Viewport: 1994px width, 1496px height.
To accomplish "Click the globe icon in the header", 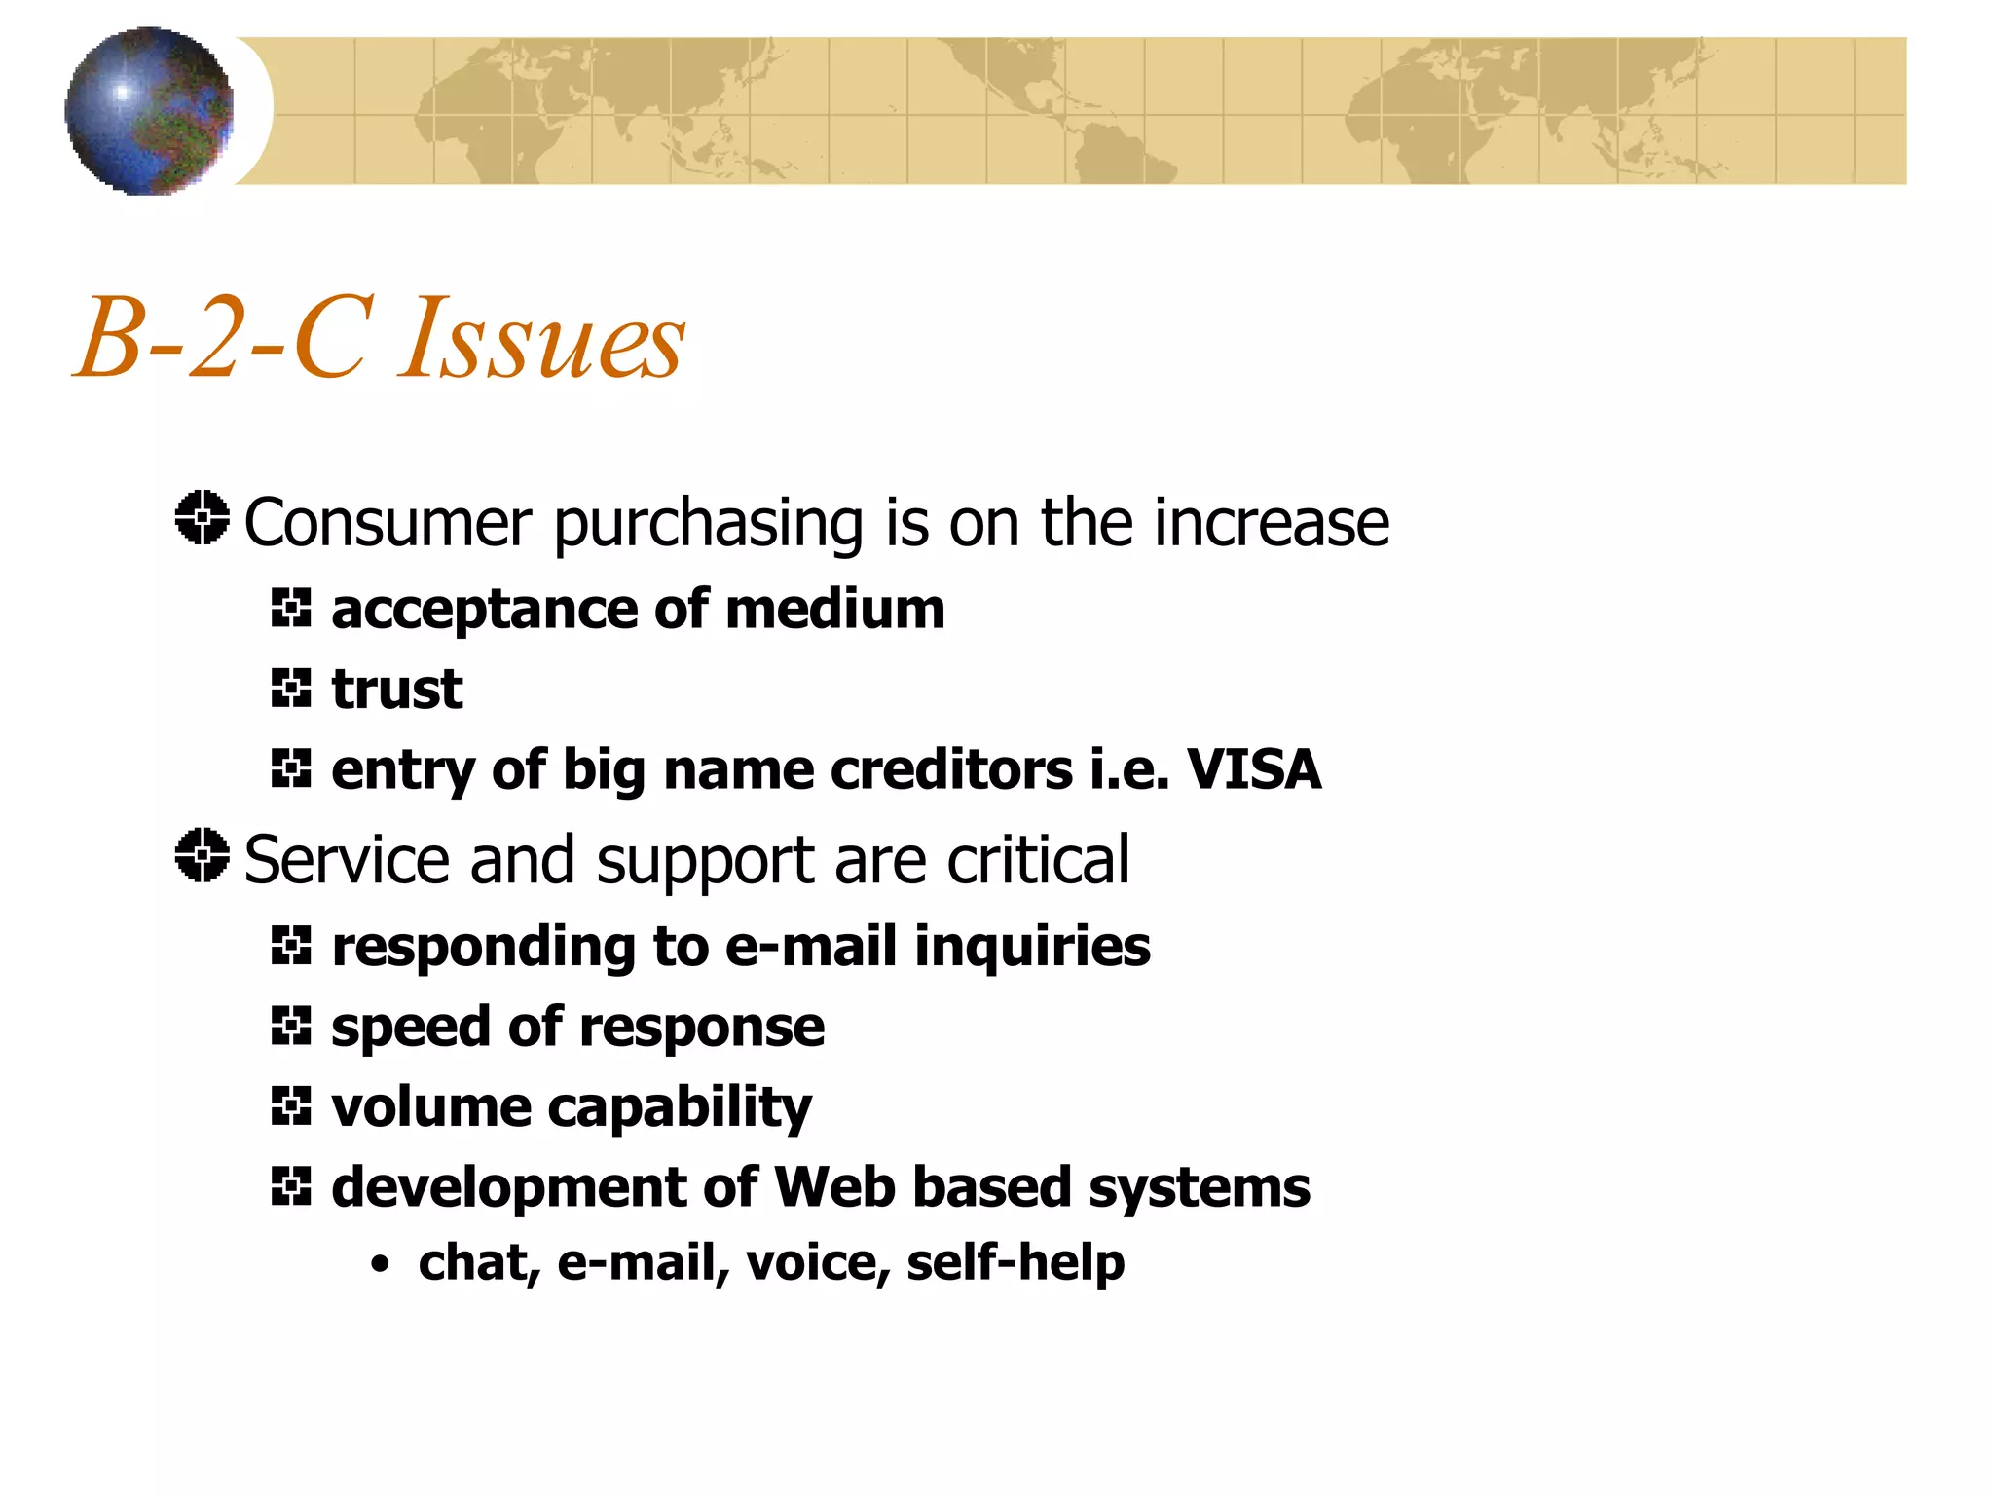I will pos(149,111).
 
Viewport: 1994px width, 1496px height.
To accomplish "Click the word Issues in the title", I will pos(541,339).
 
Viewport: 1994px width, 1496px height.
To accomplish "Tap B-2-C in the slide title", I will pos(225,339).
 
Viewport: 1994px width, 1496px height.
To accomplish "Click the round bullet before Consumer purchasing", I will pos(203,517).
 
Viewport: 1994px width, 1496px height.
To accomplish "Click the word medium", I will pos(834,610).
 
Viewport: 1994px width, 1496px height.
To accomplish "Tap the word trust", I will pos(397,690).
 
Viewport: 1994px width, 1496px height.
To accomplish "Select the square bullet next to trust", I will pos(290,689).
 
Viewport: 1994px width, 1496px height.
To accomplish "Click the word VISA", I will pos(1254,769).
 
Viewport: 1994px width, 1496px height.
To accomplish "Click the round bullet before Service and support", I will pos(203,855).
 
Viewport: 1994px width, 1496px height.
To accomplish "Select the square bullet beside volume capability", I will pos(290,1105).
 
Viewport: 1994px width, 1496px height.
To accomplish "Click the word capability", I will pos(680,1108).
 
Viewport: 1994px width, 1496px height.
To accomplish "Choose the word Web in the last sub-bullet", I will pos(834,1187).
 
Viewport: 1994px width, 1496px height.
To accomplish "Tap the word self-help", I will pos(1015,1263).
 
